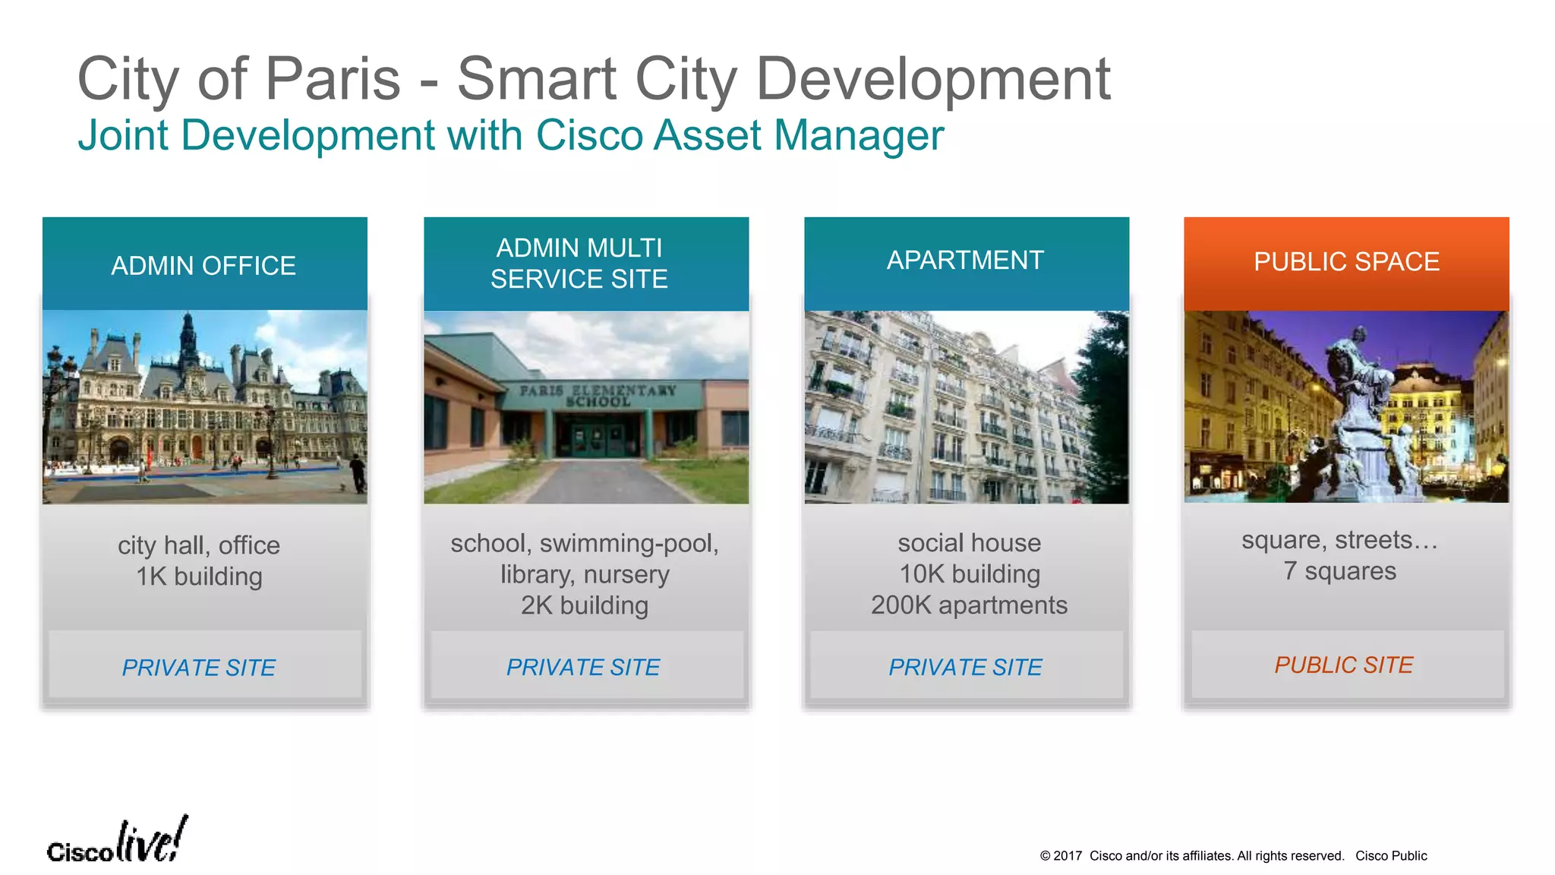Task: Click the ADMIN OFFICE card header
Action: [x=203, y=266]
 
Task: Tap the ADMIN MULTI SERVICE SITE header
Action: [x=579, y=264]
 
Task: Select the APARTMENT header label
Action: [x=965, y=261]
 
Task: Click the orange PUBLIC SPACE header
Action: [x=1346, y=262]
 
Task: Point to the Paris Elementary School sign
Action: [x=598, y=395]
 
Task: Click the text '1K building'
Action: [x=199, y=576]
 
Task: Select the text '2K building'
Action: [x=584, y=605]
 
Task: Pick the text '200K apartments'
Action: [x=969, y=605]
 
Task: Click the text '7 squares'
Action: [x=1339, y=571]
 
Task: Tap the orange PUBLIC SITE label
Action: [x=1343, y=665]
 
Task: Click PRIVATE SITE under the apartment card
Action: [x=965, y=668]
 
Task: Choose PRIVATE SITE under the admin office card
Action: [x=198, y=668]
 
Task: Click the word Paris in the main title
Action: [x=333, y=79]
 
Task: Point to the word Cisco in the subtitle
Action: [x=589, y=136]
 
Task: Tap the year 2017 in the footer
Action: [x=1067, y=856]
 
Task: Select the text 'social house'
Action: [x=969, y=543]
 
